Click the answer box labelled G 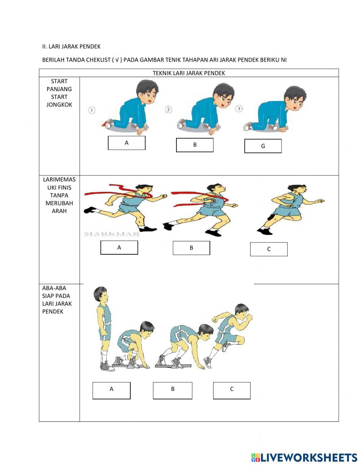pyautogui.click(x=263, y=146)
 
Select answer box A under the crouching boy pyautogui.click(x=127, y=143)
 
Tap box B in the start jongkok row pyautogui.click(x=195, y=145)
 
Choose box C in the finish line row pyautogui.click(x=269, y=249)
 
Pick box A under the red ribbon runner pyautogui.click(x=119, y=247)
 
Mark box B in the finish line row pyautogui.click(x=191, y=248)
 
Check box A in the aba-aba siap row pyautogui.click(x=111, y=390)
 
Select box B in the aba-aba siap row pyautogui.click(x=172, y=390)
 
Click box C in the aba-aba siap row pyautogui.click(x=231, y=390)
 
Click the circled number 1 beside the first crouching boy pyautogui.click(x=92, y=110)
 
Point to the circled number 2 pyautogui.click(x=168, y=109)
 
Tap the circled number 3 pyautogui.click(x=239, y=108)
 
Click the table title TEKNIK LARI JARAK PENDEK pyautogui.click(x=189, y=73)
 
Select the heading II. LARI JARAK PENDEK pyautogui.click(x=71, y=46)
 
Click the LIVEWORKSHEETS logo pyautogui.click(x=304, y=457)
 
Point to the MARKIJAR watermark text pyautogui.click(x=112, y=234)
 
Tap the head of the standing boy pyautogui.click(x=100, y=294)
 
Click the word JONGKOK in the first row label pyautogui.click(x=59, y=104)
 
